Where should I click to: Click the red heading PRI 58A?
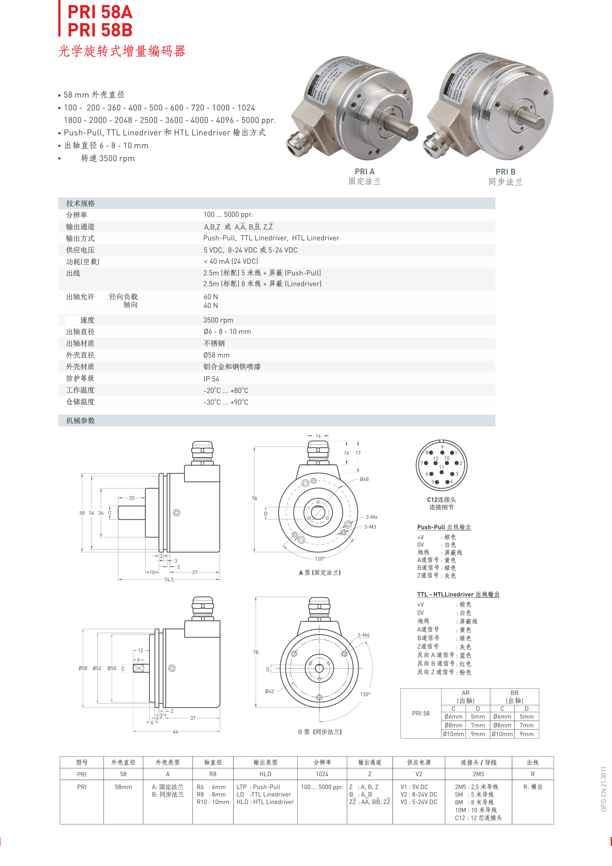coord(100,12)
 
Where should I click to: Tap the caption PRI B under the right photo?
coord(505,172)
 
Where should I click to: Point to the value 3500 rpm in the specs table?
coord(218,320)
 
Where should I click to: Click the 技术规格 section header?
coord(80,203)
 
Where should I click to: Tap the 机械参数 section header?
coord(80,421)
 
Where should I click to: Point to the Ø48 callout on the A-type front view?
coord(364,479)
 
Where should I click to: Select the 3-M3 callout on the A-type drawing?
coord(370,527)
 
